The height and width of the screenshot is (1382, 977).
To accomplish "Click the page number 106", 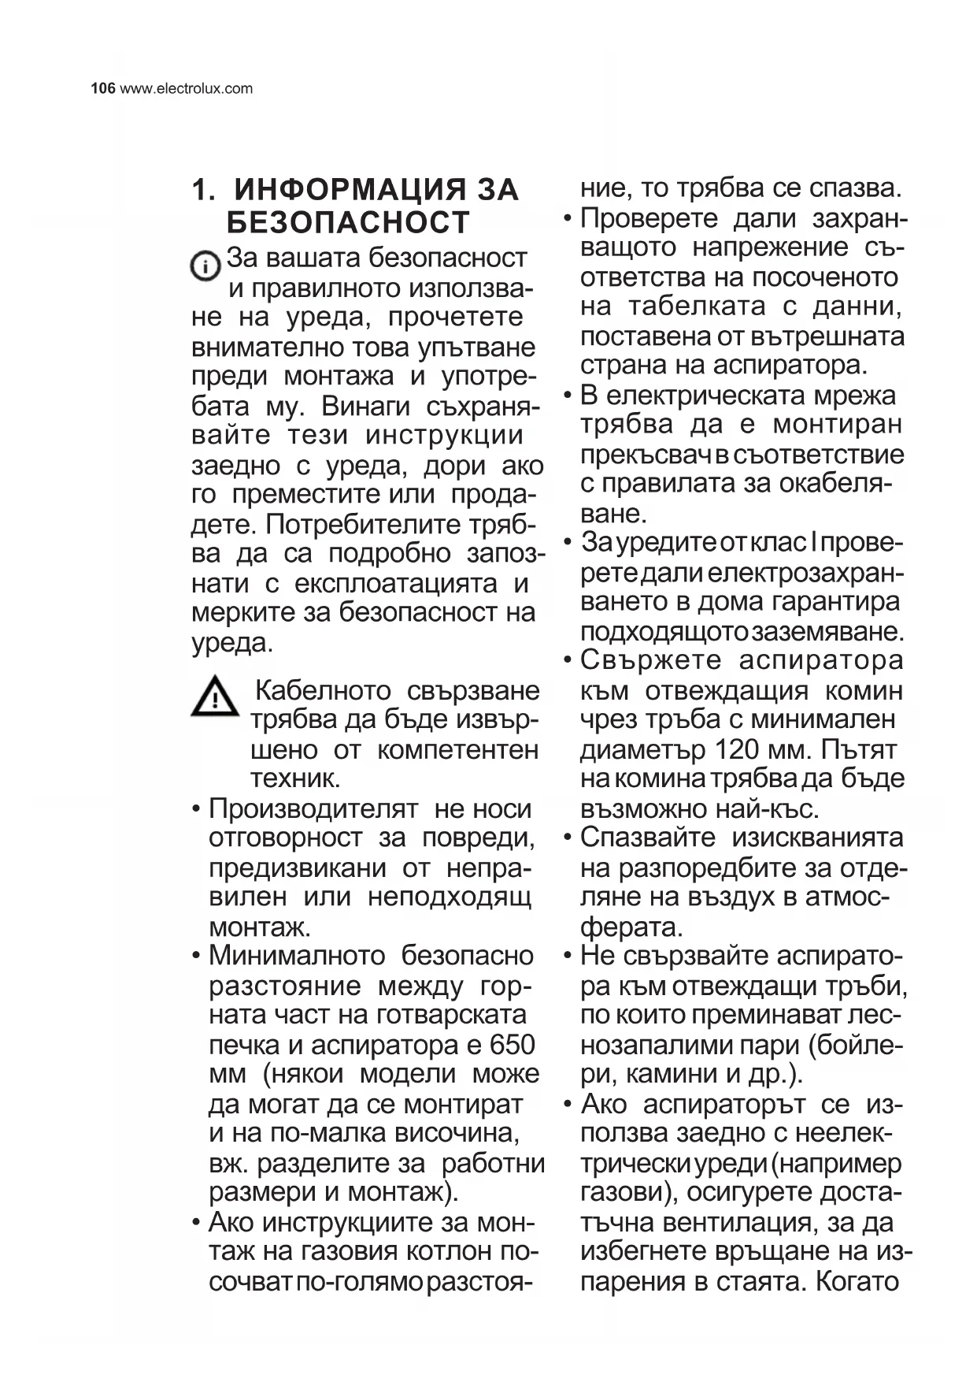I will [103, 88].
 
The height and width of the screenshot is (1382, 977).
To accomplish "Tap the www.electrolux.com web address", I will [186, 88].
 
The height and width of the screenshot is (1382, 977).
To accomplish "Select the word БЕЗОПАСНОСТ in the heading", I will [348, 223].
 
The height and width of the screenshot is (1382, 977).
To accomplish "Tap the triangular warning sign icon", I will [214, 697].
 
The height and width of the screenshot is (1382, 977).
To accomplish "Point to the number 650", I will [512, 1045].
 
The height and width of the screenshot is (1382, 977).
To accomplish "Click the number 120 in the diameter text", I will [735, 749].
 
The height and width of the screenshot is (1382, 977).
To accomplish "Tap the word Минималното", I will [297, 956].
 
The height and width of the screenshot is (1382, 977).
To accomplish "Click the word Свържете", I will [650, 660].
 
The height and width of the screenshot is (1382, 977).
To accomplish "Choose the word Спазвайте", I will [647, 838].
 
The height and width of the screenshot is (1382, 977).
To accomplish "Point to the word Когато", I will [857, 1281].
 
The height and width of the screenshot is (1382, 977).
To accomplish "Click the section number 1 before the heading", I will [202, 190].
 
